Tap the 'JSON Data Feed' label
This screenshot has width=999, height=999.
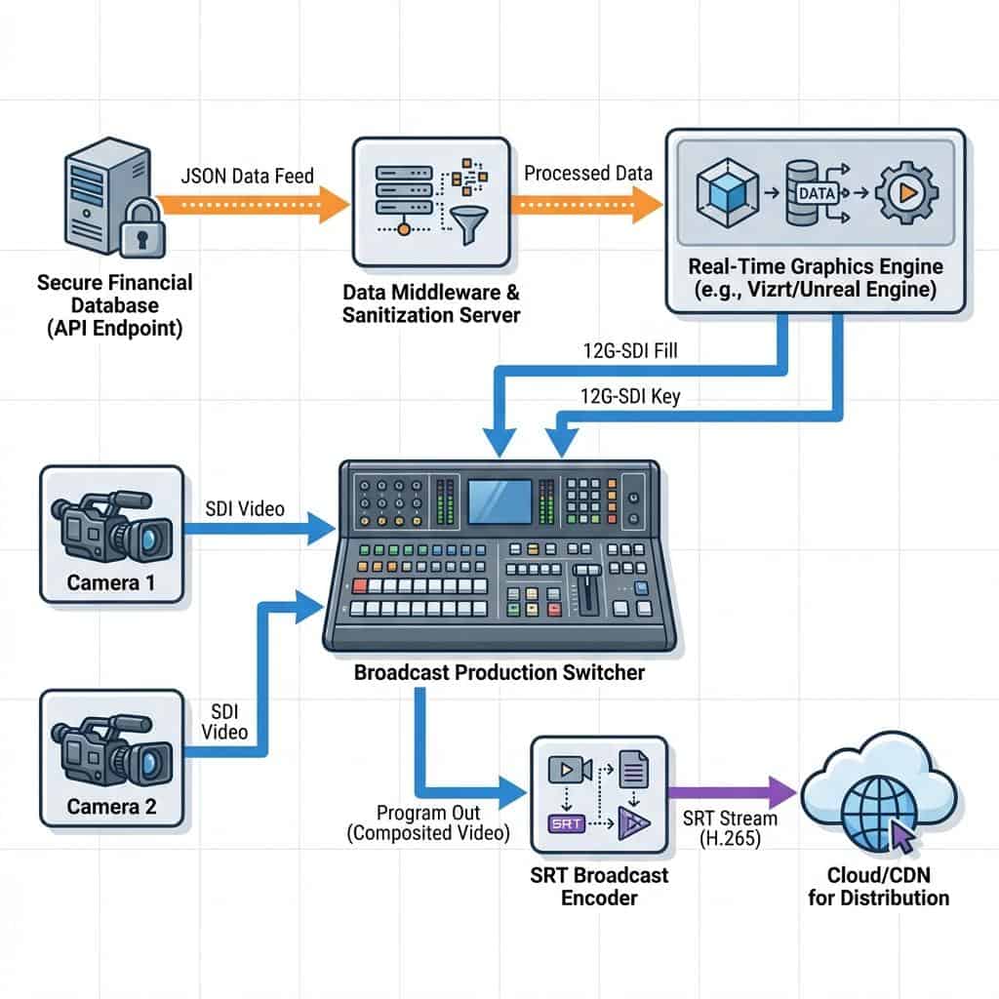248,176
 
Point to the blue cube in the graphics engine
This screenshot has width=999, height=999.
728,192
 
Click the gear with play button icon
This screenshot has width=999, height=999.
906,192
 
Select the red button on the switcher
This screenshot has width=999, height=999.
359,585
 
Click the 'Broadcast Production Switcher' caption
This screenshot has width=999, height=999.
499,672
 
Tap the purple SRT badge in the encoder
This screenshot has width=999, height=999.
568,822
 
